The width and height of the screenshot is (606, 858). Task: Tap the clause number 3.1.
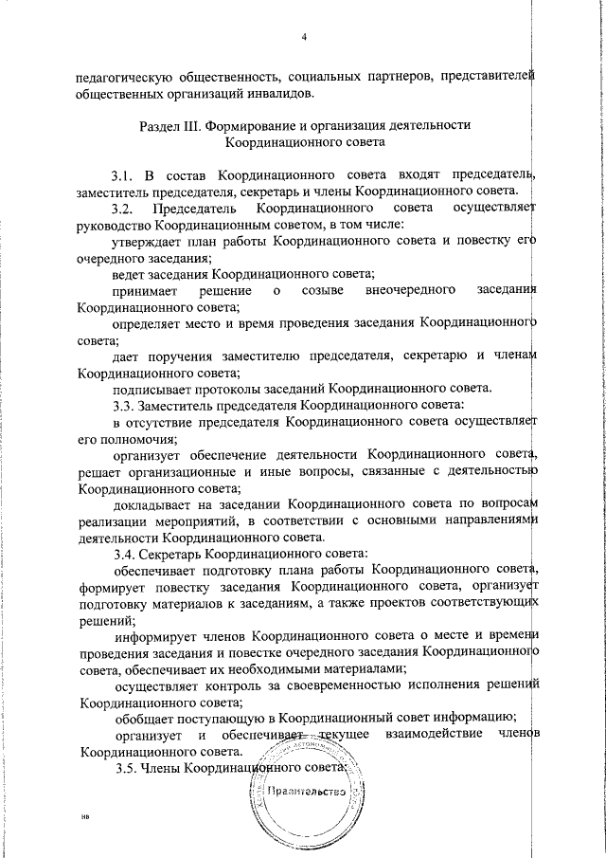125,174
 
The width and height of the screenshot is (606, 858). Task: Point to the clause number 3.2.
125,208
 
